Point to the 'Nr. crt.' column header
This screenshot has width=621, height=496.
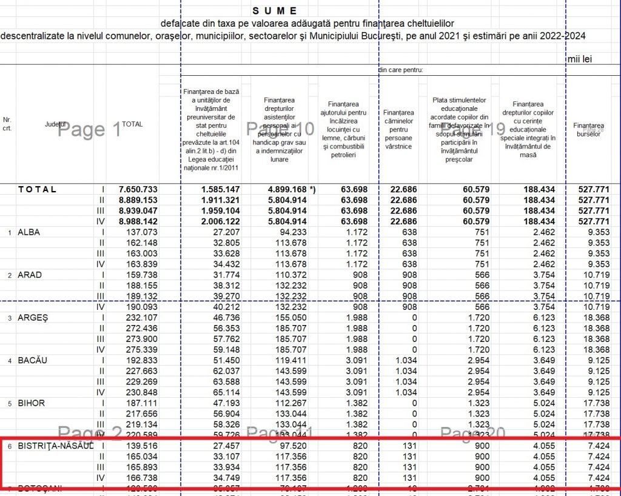click(x=7, y=124)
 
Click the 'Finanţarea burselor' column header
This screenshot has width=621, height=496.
click(x=588, y=129)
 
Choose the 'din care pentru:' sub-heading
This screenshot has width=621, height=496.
click(x=400, y=70)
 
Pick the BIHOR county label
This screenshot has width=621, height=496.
click(x=32, y=403)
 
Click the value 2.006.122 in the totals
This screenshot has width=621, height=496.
click(x=219, y=221)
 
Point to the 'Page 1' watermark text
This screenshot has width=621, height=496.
click(x=89, y=129)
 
